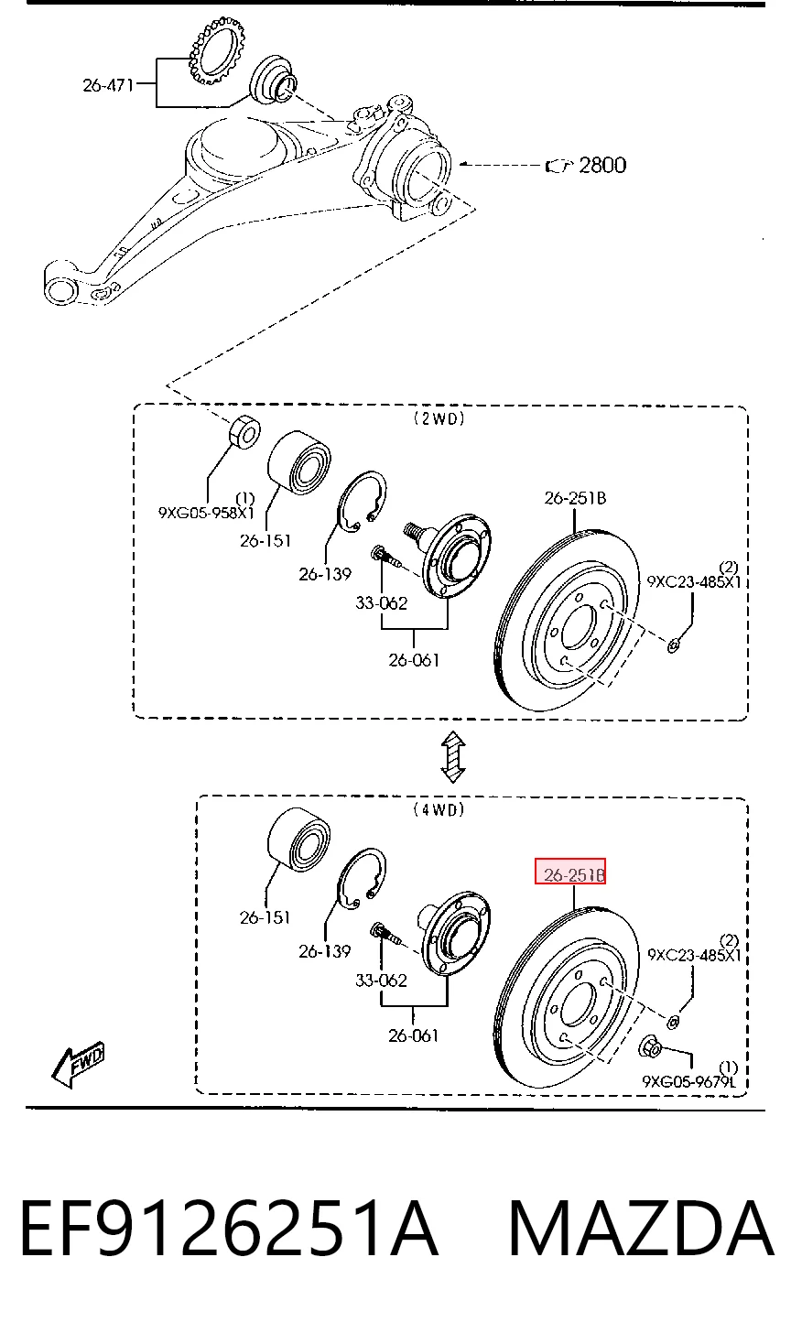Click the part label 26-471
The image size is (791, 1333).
(108, 86)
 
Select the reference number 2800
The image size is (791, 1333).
(602, 165)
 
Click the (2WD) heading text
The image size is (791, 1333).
(439, 419)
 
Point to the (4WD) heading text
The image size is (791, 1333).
(439, 809)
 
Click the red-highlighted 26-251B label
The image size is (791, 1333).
(570, 872)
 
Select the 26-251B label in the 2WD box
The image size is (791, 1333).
(575, 498)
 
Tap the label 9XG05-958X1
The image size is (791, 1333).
(206, 513)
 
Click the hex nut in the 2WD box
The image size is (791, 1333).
(244, 432)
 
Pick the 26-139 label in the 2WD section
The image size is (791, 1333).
(325, 574)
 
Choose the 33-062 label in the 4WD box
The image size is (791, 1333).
(381, 981)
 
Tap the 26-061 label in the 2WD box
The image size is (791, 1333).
(414, 660)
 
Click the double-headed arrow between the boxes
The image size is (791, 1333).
(453, 757)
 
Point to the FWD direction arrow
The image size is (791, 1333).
(78, 1066)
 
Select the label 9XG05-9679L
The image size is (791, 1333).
(688, 1081)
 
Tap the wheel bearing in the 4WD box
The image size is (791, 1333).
(298, 839)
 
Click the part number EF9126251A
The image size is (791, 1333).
(229, 1229)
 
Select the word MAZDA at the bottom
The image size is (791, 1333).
(641, 1229)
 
